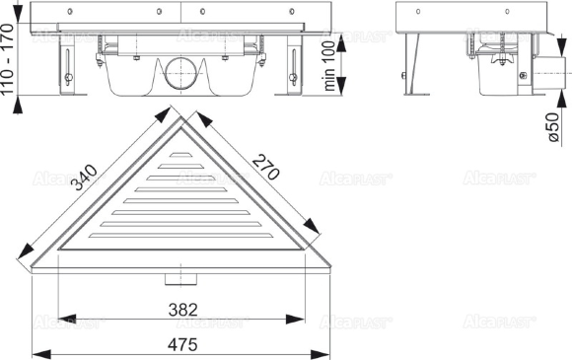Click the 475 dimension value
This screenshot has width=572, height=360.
point(182,345)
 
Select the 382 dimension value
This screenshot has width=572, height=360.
point(182,310)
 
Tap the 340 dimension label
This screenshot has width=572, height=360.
point(84,178)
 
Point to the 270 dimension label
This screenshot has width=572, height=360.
point(266,167)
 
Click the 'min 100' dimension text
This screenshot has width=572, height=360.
point(329,66)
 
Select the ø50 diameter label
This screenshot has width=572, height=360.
point(552,127)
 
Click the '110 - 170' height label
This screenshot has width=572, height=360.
point(7,59)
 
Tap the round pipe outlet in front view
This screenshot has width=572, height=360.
point(180,73)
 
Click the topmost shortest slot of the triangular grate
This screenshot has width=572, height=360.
point(180,155)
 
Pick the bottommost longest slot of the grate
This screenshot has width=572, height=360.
point(180,236)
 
